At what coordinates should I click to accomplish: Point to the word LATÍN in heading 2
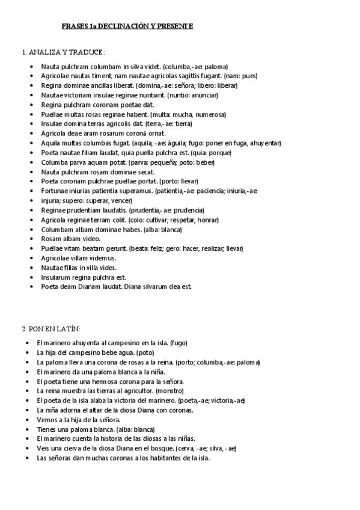pos(70,328)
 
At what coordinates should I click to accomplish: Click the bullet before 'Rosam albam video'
pos(31,239)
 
